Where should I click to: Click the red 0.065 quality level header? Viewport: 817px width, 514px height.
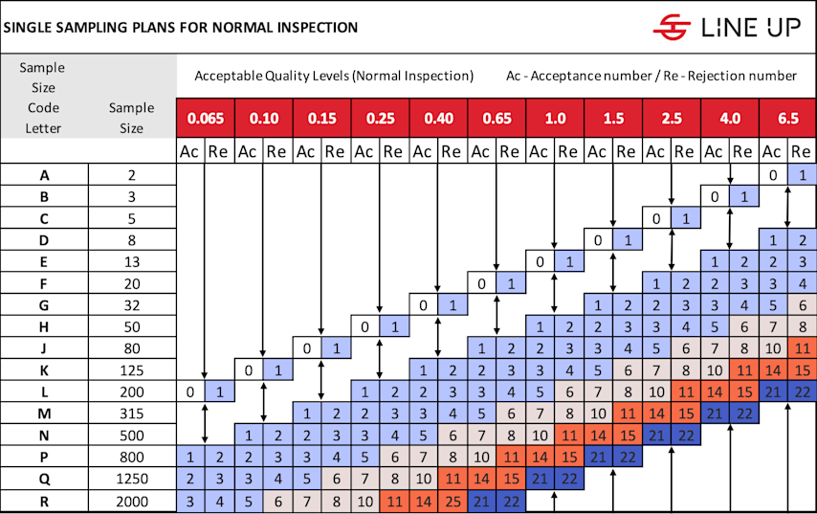tap(206, 119)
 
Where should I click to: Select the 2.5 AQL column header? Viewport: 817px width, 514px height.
tap(673, 119)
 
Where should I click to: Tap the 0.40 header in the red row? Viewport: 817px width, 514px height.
tap(439, 119)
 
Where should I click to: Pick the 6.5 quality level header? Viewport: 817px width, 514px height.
tap(788, 119)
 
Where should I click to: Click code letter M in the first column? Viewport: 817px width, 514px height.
tap(44, 413)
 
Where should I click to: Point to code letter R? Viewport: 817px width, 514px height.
tap(44, 501)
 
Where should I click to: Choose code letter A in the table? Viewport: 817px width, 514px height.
tap(44, 175)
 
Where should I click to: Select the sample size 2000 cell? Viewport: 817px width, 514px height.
tap(132, 501)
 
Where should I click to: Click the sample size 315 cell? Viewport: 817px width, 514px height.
tap(132, 413)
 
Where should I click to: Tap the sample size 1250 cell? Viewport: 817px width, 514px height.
tap(132, 479)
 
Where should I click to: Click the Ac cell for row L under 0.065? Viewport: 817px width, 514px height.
tap(190, 391)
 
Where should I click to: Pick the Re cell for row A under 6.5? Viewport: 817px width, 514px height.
tap(803, 175)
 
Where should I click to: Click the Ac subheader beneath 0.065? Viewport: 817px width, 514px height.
tap(190, 151)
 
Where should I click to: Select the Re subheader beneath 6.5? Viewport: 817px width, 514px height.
tap(803, 151)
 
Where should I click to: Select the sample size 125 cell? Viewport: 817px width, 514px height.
tap(132, 369)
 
